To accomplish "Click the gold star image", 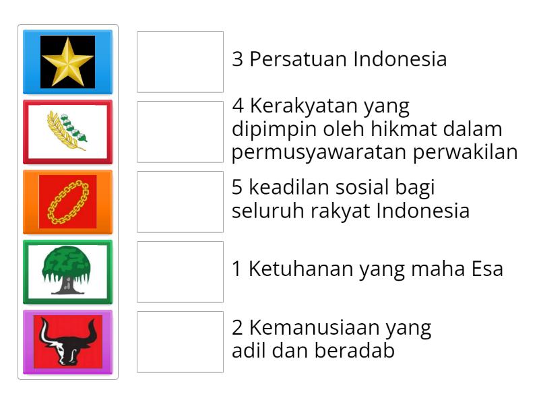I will coord(67,62).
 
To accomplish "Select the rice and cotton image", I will coord(67,132).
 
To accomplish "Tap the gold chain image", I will coord(67,202).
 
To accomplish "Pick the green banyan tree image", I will coord(67,271).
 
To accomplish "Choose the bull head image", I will coord(67,341).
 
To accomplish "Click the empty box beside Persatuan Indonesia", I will coord(180,62).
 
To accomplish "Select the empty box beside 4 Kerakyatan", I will coord(180,132).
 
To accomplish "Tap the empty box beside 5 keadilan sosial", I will coord(180,202).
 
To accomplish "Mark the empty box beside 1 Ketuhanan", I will coord(180,271).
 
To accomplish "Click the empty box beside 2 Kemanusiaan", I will coord(180,341).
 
